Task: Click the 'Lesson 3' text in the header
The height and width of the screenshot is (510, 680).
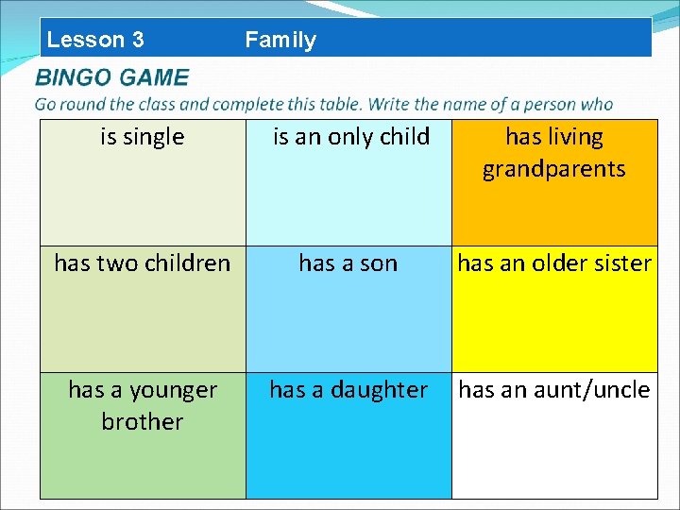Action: point(95,40)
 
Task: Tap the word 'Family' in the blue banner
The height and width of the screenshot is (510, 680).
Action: point(280,40)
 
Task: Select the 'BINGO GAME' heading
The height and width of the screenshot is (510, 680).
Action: point(111,77)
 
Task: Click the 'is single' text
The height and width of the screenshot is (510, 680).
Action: point(142,137)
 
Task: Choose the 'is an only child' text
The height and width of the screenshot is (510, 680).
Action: point(350,137)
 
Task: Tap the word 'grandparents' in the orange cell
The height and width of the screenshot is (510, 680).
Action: point(553,169)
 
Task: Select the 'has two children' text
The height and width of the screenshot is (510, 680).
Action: point(142,263)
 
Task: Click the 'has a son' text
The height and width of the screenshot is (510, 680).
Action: point(348,263)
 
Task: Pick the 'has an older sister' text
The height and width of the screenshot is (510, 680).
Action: point(554,263)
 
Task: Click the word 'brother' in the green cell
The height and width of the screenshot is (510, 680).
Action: point(142,421)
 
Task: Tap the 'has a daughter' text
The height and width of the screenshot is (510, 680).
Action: point(348,389)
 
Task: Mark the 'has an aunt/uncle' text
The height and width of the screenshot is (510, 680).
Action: point(554,389)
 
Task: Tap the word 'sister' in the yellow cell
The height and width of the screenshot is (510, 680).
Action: point(622,263)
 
